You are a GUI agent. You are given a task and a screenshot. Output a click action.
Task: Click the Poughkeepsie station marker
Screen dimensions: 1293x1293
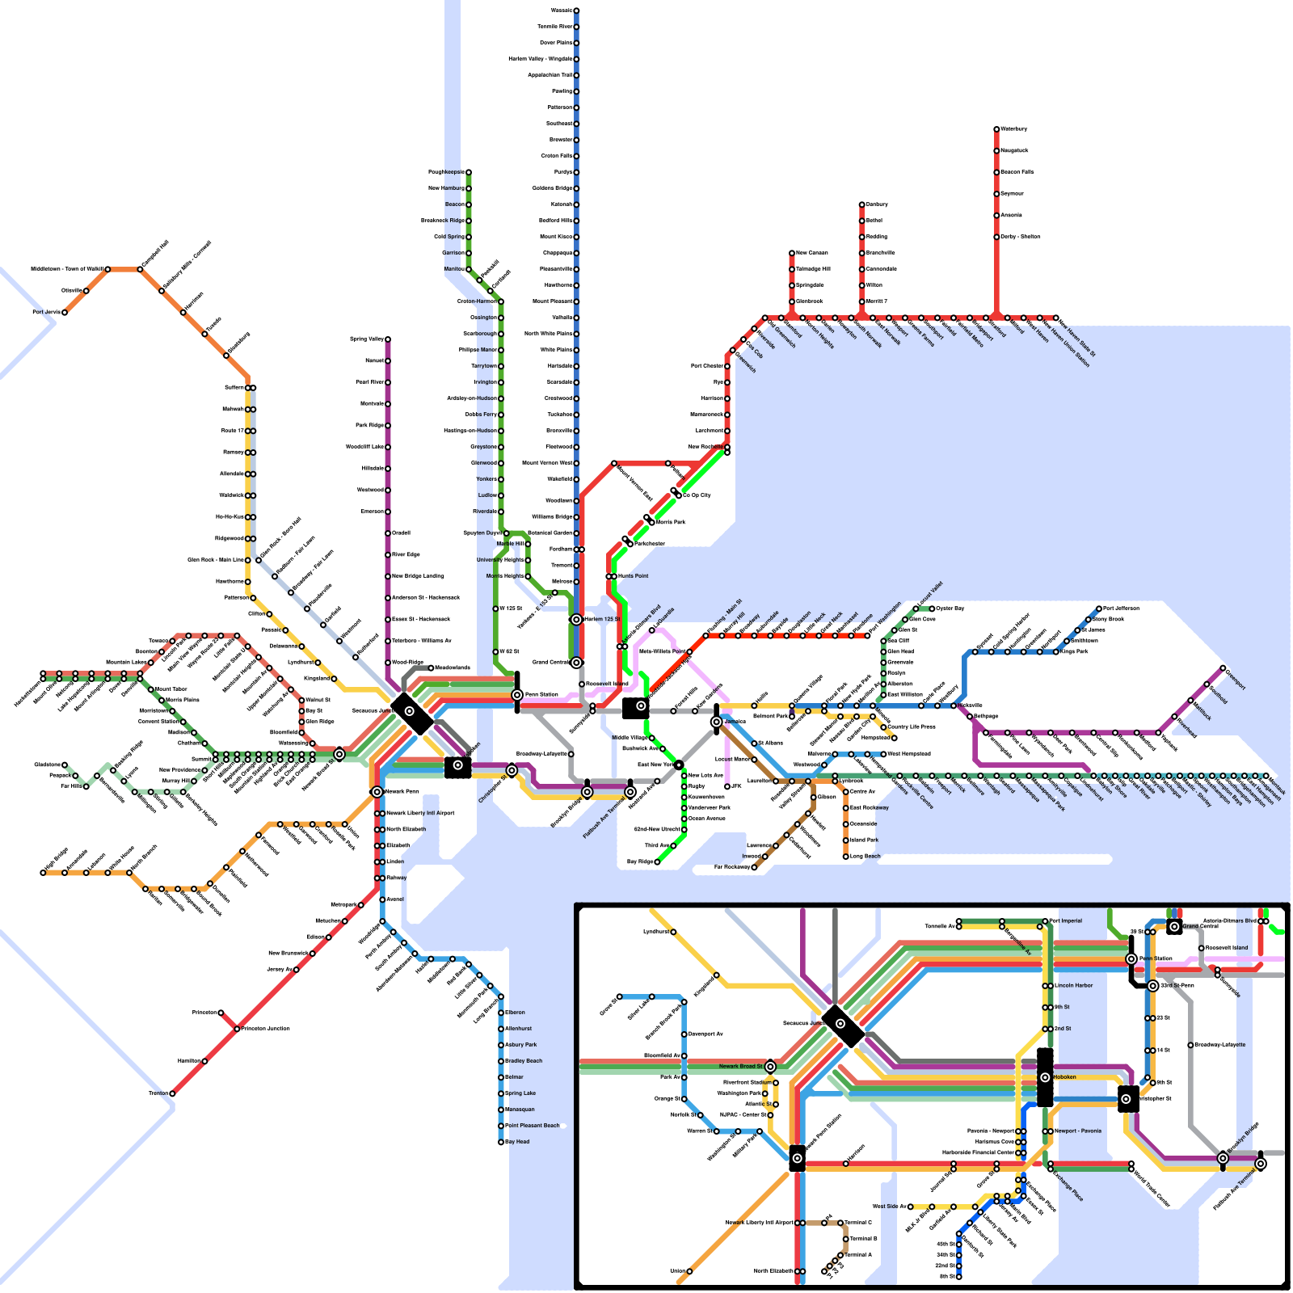point(468,172)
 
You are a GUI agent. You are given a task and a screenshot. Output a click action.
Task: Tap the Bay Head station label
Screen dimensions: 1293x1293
point(517,1142)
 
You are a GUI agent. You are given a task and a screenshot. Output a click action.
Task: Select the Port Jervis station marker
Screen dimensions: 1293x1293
point(65,312)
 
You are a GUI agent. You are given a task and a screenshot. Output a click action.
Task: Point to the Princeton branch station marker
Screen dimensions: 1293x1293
point(221,1013)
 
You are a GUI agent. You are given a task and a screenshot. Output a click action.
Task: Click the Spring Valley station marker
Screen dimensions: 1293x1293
point(388,339)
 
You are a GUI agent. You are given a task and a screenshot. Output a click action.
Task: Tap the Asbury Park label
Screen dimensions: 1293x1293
point(520,1045)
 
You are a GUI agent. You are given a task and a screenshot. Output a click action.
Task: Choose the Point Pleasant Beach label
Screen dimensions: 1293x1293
point(532,1126)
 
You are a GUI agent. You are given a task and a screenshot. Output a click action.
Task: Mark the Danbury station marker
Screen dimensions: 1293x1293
point(861,204)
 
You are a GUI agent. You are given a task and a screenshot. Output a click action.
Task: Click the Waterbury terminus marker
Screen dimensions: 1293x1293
point(996,129)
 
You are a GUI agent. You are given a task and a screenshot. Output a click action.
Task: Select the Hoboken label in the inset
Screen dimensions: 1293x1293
point(1064,1077)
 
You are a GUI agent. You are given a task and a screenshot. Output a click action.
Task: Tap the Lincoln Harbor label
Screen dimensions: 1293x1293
point(1074,986)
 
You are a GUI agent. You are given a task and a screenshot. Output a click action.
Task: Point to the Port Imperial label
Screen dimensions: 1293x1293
point(1065,920)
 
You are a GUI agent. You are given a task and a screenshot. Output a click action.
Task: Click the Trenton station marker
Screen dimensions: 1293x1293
point(172,1093)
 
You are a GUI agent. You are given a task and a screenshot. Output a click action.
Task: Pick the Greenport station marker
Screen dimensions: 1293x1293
point(1223,668)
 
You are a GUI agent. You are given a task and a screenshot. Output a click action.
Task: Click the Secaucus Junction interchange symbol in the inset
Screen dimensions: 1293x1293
point(840,1024)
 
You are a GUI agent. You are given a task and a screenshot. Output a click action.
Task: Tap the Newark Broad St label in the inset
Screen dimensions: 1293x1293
point(740,1067)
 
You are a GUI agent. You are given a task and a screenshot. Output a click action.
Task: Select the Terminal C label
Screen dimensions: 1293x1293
point(858,1223)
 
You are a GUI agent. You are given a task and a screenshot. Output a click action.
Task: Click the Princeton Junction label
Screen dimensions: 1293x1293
point(266,1029)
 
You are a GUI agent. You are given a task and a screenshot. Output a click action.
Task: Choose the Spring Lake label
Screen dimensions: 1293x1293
point(520,1093)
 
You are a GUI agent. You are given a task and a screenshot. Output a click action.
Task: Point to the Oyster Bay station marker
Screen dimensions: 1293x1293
point(932,609)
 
